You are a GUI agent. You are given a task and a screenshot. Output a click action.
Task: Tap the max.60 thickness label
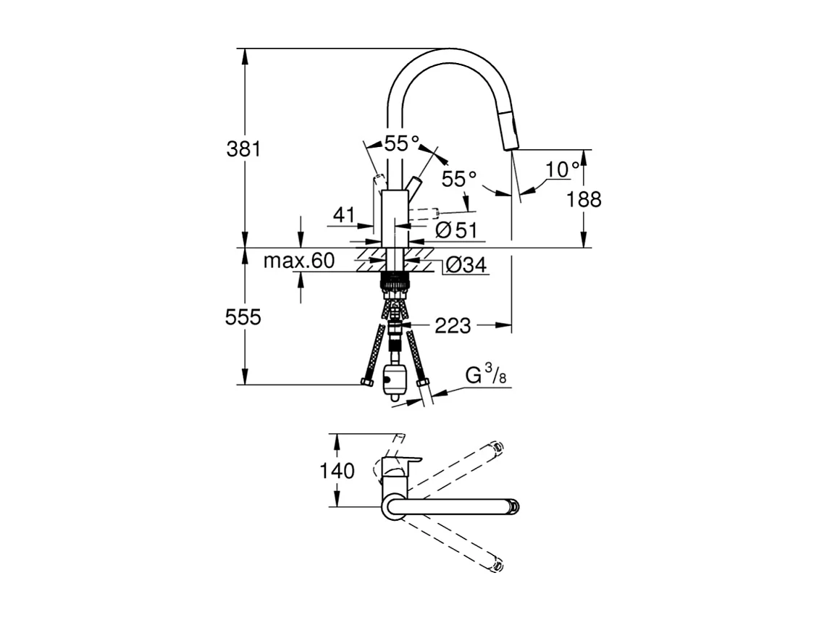click(298, 261)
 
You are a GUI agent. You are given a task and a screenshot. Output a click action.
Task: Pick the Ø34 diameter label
click(463, 266)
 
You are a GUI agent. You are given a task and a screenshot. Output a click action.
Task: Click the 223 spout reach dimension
click(453, 326)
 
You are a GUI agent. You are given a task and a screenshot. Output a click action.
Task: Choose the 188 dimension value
click(584, 199)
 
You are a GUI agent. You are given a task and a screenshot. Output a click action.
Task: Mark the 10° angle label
click(563, 169)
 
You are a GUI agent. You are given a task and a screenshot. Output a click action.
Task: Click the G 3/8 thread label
click(484, 376)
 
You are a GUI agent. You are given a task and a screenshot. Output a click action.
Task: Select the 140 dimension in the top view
click(337, 471)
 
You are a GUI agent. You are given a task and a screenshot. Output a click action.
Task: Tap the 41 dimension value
click(344, 214)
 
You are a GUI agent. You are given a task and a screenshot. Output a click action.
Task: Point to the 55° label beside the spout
click(460, 179)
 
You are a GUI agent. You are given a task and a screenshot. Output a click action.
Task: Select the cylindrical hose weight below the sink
click(394, 380)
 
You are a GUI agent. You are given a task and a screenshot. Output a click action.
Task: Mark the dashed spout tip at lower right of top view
click(498, 566)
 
